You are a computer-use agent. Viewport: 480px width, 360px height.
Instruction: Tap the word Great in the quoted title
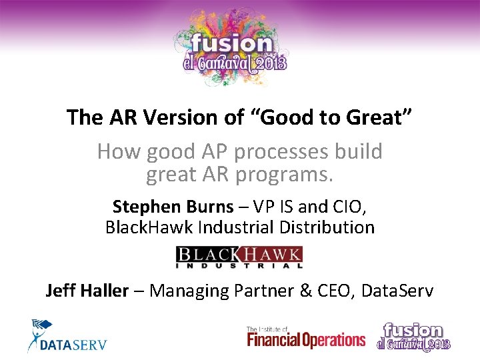[x=376, y=117]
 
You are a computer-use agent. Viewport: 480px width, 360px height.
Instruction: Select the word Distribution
[x=324, y=227]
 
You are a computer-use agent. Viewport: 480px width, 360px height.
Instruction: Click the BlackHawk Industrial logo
[x=239, y=257]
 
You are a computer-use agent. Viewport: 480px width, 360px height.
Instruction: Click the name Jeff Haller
[x=87, y=291]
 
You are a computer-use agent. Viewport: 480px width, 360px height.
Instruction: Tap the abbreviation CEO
[x=335, y=291]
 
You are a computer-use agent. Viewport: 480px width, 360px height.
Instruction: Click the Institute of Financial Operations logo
[x=306, y=338]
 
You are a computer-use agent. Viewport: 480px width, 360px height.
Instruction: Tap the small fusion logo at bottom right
[x=414, y=337]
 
